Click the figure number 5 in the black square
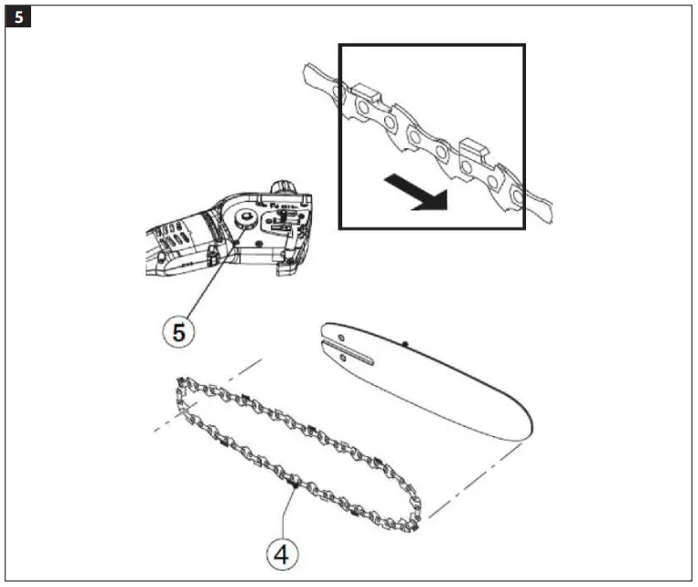point(16,16)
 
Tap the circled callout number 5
point(178,331)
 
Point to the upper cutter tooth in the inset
point(364,91)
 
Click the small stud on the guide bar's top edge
point(403,344)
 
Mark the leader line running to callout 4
point(289,512)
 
